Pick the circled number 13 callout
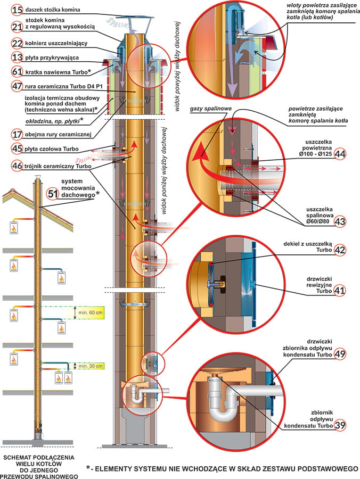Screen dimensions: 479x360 17,57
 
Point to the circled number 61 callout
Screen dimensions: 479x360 17,71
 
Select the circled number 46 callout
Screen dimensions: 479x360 17,166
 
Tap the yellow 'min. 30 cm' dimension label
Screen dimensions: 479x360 89,366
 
